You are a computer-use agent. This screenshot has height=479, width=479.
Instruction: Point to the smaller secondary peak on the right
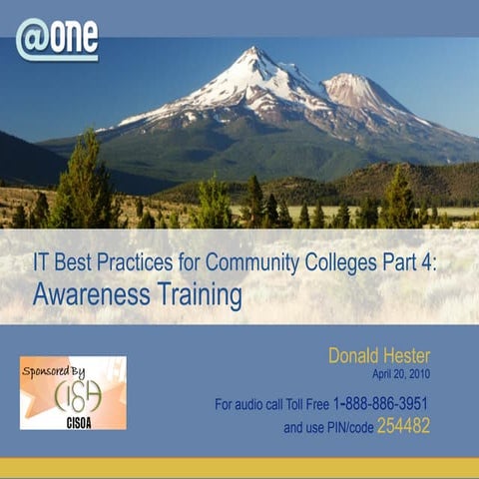[x=350, y=80]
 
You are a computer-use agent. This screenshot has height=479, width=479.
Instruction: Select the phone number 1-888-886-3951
[x=396, y=404]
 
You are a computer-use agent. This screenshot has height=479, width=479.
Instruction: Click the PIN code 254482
[x=430, y=426]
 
